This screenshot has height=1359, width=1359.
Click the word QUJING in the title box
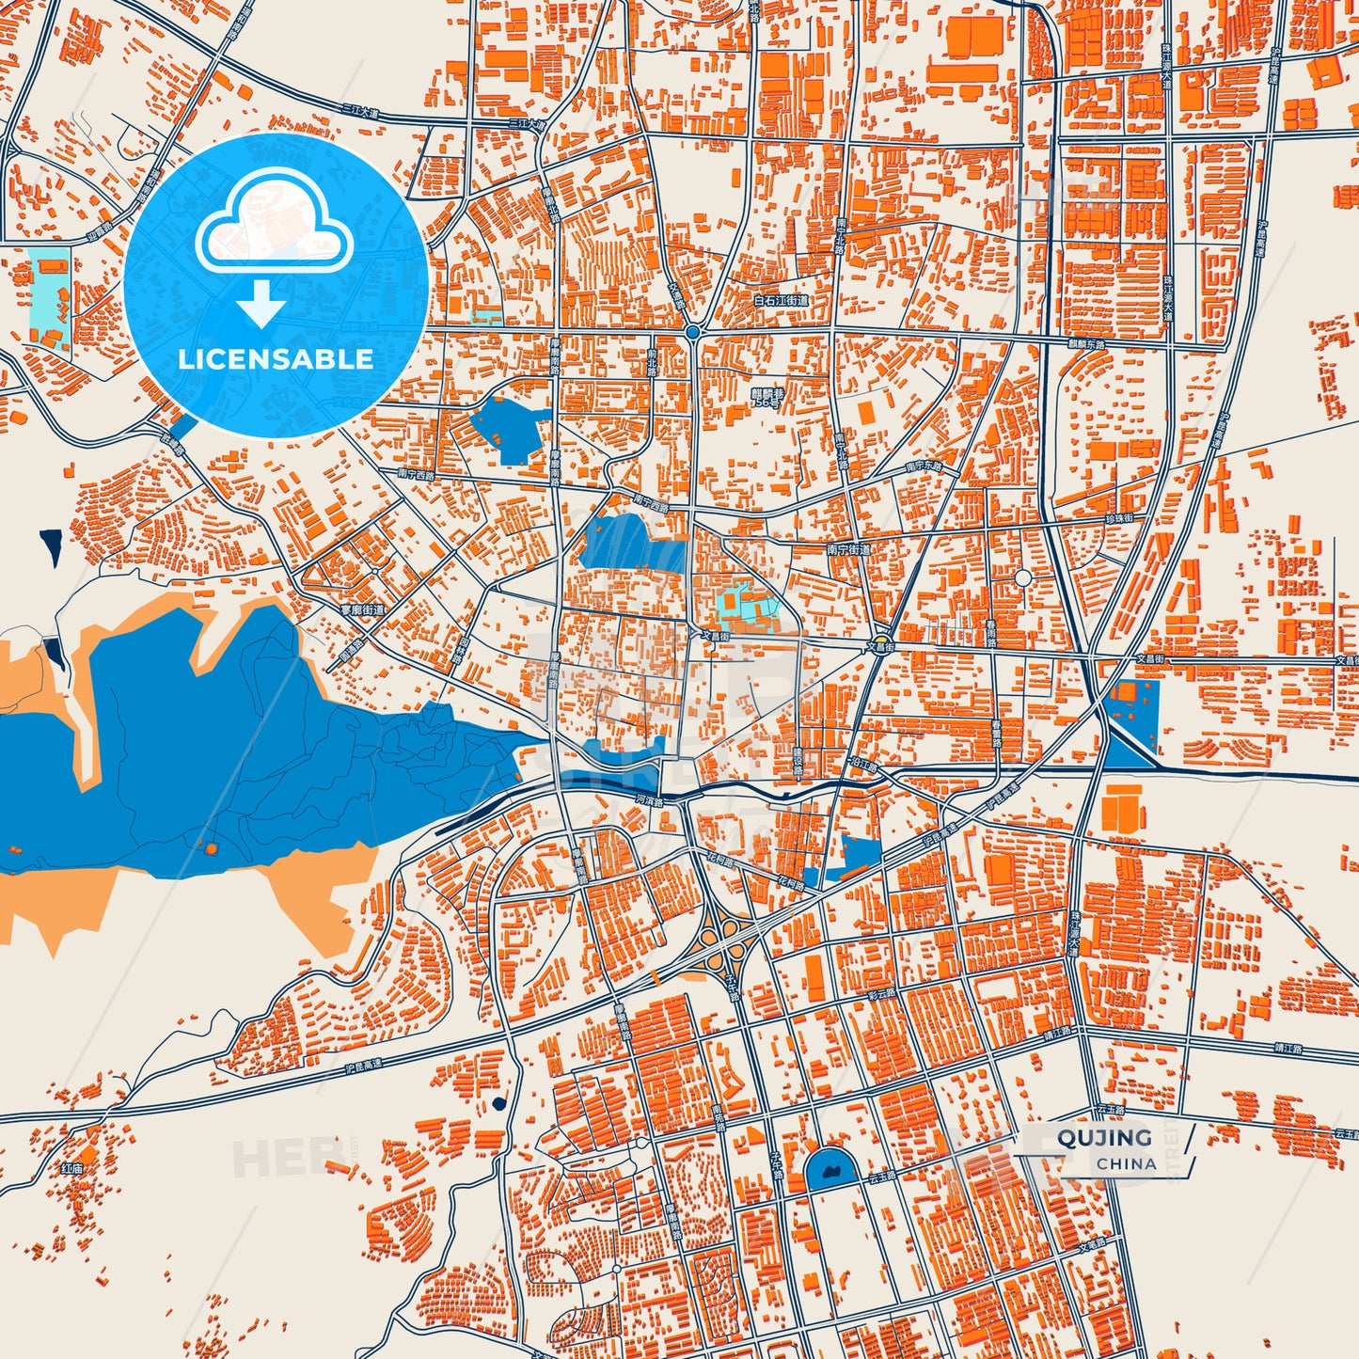(x=1104, y=1137)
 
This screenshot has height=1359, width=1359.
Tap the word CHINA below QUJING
(x=1126, y=1163)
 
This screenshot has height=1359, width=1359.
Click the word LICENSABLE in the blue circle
(x=276, y=358)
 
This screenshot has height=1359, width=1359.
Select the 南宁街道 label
(x=848, y=548)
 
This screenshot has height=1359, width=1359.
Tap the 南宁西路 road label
(x=417, y=475)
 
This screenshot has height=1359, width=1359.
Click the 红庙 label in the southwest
(x=72, y=1168)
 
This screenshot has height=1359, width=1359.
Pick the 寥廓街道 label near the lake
(x=362, y=610)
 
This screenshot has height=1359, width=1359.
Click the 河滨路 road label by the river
(x=649, y=801)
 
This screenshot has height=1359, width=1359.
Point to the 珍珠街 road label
(x=1118, y=519)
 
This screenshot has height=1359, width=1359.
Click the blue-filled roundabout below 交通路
(x=692, y=332)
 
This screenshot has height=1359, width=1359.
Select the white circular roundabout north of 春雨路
(x=1023, y=577)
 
